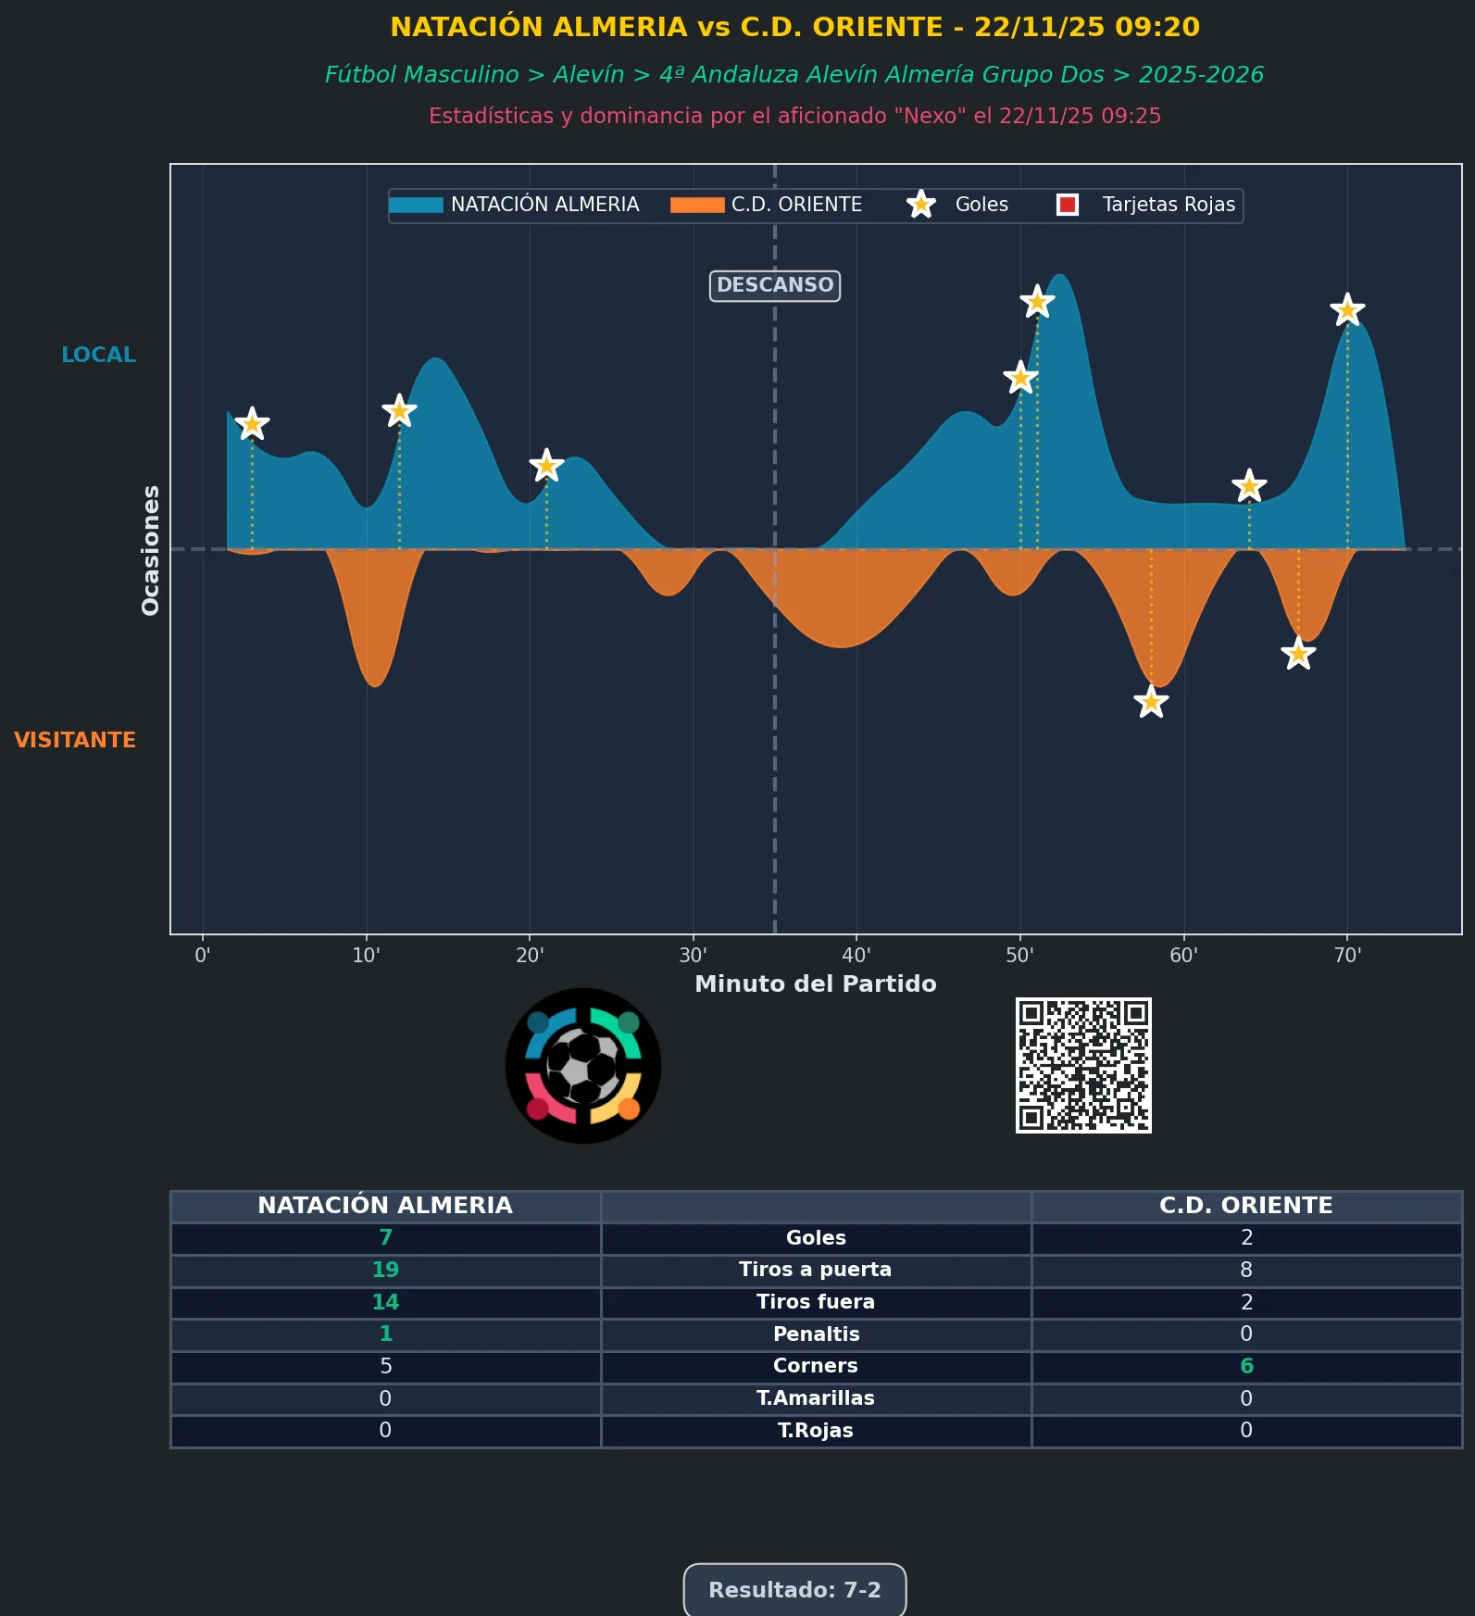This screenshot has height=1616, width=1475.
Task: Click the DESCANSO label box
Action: pos(775,285)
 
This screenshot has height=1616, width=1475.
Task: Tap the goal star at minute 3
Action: pos(252,424)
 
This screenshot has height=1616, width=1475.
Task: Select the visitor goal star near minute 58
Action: pos(1151,702)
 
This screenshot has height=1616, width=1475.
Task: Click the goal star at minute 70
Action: pos(1347,309)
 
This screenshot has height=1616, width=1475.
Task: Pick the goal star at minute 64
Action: pos(1249,485)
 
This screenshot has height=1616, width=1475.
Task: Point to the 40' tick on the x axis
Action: pos(856,956)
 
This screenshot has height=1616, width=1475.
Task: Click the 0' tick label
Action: pos(203,956)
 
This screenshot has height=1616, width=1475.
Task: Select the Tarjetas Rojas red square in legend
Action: pos(1068,205)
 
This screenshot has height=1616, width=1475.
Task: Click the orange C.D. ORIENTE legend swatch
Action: pos(697,205)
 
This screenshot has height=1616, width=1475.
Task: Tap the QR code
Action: pos(1083,1065)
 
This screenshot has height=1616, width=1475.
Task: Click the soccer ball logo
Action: pos(583,1066)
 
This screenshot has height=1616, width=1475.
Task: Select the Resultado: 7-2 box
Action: pos(794,1590)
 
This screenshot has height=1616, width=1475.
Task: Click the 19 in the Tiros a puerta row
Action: pos(385,1270)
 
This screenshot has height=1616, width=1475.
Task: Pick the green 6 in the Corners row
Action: pos(1246,1366)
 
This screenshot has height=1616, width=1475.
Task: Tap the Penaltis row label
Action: pos(816,1334)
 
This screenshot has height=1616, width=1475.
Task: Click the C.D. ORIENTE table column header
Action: pos(1246,1206)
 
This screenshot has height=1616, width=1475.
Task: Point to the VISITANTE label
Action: pos(75,740)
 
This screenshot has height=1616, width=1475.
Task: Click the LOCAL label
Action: pos(98,355)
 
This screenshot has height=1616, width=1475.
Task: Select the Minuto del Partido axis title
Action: pos(816,983)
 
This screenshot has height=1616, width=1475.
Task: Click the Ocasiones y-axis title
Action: pos(150,550)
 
